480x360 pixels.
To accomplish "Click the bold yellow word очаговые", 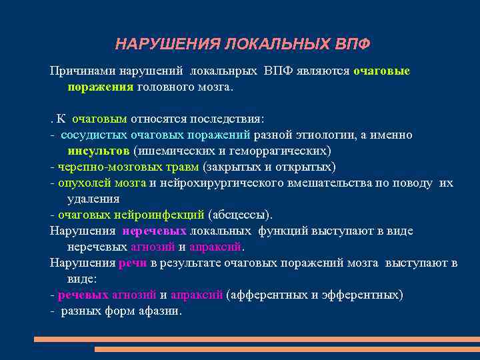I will pos(381,71).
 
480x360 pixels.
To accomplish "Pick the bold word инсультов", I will pos(98,151).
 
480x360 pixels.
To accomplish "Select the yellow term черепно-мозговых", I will pos(101,167).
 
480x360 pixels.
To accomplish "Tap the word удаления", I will pos(93,199).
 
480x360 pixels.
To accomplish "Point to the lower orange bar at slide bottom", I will pos(287,349).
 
